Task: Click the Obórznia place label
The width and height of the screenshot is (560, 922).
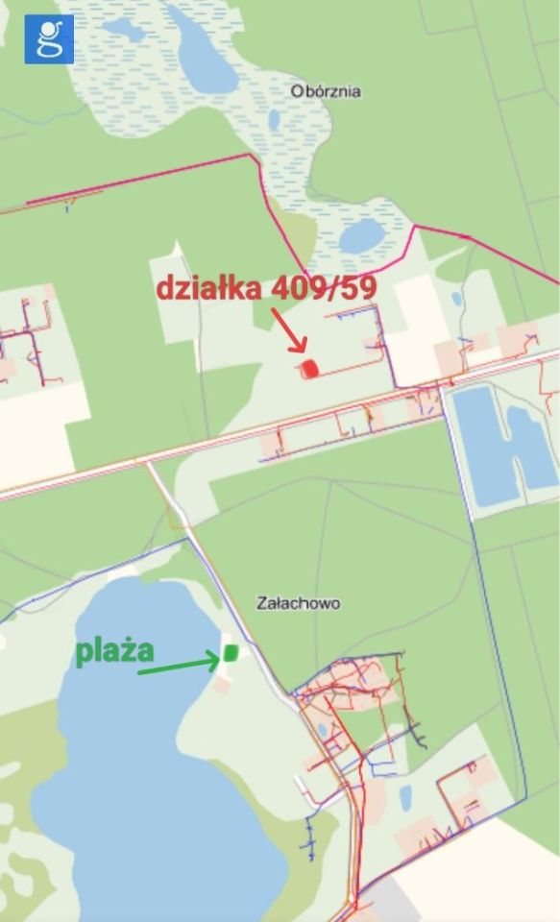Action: point(326,91)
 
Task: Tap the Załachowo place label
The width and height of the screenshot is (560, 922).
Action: point(298,603)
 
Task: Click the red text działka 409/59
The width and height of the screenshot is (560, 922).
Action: point(265,287)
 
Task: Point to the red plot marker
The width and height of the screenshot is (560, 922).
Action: point(309,368)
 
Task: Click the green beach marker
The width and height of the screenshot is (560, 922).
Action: point(231,652)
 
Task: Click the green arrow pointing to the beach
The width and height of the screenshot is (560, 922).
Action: point(179,665)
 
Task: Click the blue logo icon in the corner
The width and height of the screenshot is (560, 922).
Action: point(48,38)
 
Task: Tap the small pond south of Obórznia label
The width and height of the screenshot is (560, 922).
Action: point(361,235)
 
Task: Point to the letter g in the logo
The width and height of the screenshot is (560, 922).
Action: point(48,38)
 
